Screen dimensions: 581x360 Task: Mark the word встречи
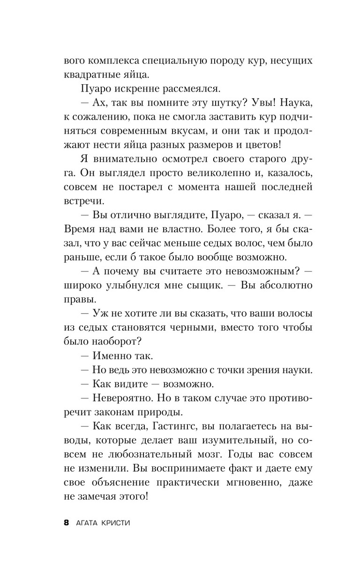(x=82, y=202)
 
